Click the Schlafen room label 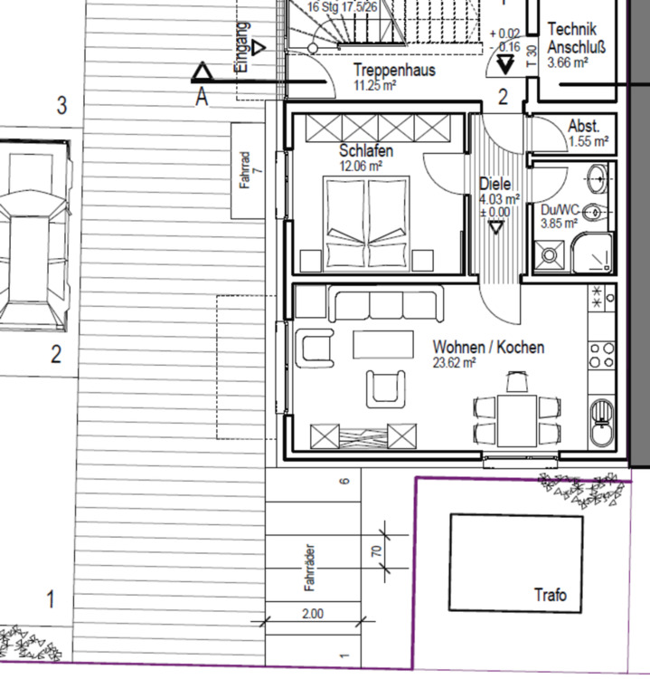[366, 150]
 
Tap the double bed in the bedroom [366, 224]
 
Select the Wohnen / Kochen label [488, 348]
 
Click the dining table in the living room [517, 420]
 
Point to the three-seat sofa [386, 303]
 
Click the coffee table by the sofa [383, 344]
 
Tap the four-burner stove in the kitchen [601, 355]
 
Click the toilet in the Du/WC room [595, 212]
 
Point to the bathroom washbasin [598, 178]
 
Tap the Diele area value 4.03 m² [500, 199]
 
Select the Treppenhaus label [394, 70]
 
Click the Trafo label [550, 595]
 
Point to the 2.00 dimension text [312, 614]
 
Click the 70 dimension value [377, 551]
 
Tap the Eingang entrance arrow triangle [259, 48]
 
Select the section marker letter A [202, 97]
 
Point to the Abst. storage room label [584, 127]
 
